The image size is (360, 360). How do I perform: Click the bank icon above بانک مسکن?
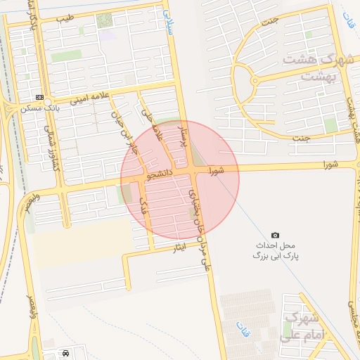point(39,97)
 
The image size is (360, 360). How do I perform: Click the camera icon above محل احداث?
point(275,234)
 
